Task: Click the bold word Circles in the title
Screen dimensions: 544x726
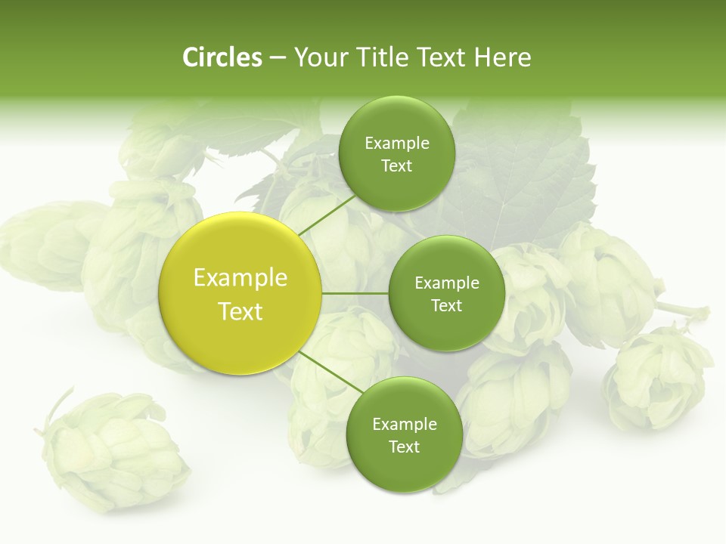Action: pos(222,57)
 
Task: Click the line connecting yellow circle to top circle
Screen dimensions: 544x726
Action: pos(327,214)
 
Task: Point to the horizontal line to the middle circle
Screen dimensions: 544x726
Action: pos(355,293)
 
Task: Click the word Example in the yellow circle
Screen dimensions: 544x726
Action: pos(240,278)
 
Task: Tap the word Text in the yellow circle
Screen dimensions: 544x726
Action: pos(240,311)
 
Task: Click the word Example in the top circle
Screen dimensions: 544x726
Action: pos(397,144)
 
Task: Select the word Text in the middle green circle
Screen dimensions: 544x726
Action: pos(446,305)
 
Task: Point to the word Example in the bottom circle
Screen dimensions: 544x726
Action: pos(405,425)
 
